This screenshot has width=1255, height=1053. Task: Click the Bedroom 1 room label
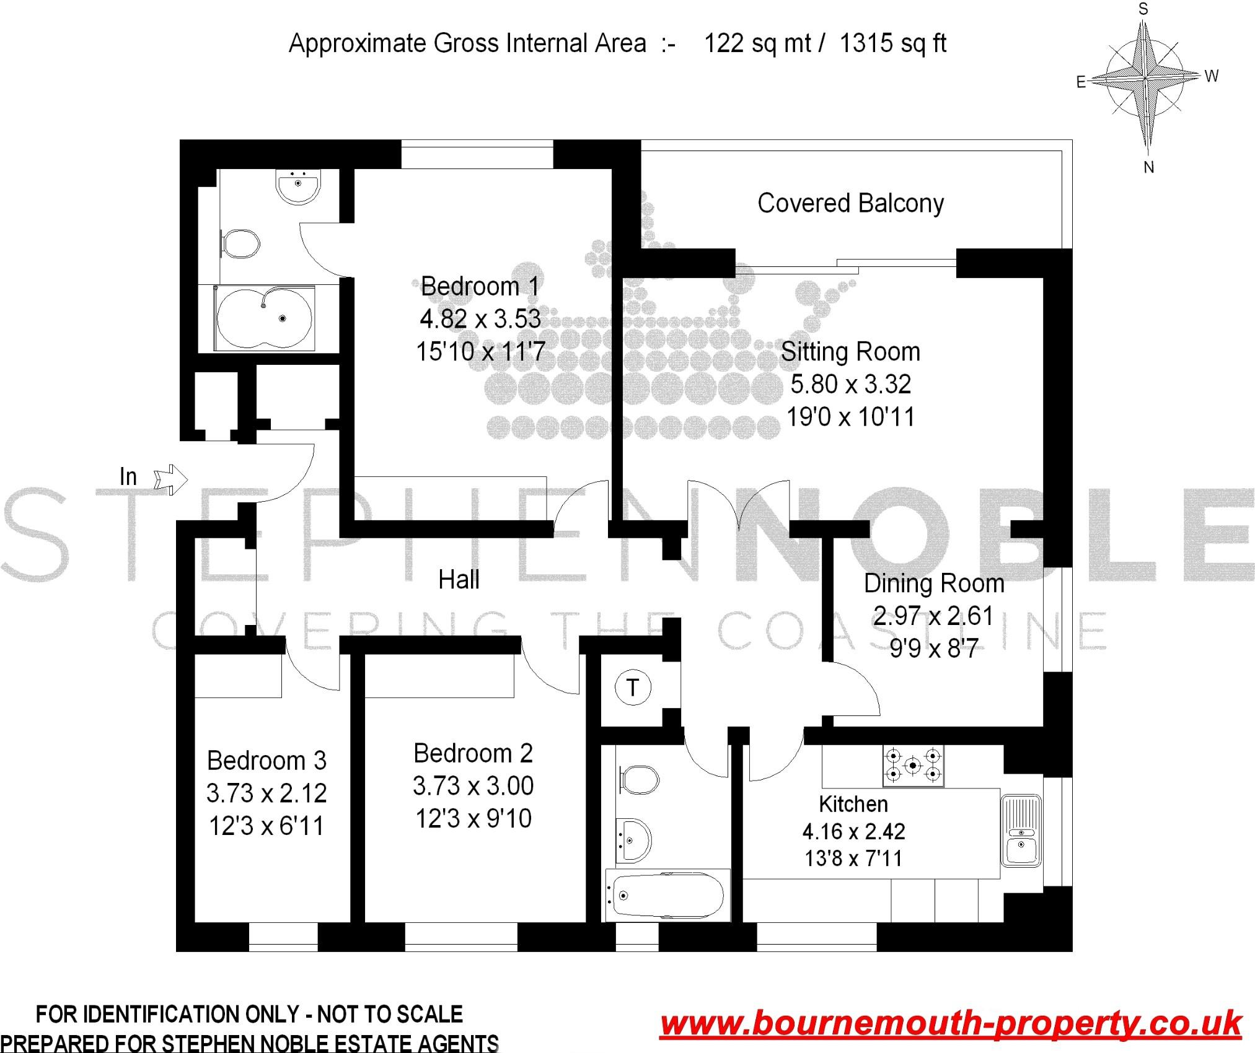[x=480, y=286]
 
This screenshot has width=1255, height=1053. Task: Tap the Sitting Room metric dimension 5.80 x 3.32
[x=850, y=385]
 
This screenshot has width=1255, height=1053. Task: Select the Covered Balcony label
[x=850, y=203]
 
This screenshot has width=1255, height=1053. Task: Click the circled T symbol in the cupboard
[x=633, y=688]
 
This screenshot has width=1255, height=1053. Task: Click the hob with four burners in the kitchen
[x=913, y=766]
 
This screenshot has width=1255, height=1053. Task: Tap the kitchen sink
[x=1020, y=830]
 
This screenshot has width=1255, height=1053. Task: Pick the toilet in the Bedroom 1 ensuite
[x=242, y=244]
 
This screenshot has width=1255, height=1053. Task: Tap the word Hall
[x=459, y=580]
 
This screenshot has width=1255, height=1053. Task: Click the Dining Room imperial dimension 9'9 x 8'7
[x=933, y=649]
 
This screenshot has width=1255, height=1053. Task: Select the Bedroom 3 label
[x=266, y=761]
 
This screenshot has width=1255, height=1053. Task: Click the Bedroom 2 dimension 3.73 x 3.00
[x=473, y=786]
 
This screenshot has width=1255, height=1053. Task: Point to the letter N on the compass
[x=1148, y=167]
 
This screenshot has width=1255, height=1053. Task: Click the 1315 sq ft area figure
[x=892, y=43]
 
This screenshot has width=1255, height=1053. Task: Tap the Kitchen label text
[x=853, y=804]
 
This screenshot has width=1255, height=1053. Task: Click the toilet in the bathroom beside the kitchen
[x=639, y=779]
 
